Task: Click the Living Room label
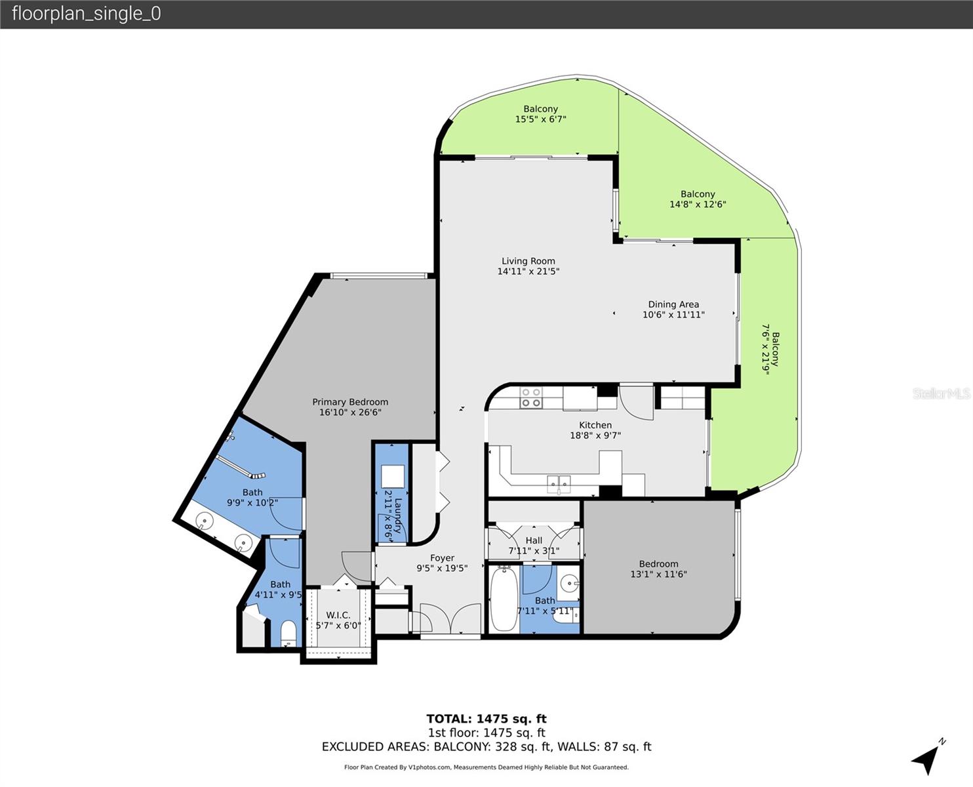coord(528,261)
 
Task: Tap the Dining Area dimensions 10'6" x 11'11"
coord(673,315)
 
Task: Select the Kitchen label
coord(595,425)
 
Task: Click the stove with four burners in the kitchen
coord(530,398)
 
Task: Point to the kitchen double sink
coord(559,484)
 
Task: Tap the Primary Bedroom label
coord(350,402)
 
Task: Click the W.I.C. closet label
coord(338,615)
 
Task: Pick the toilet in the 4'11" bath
coord(288,633)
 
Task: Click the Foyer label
coord(442,558)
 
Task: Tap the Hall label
coord(534,540)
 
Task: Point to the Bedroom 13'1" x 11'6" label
coord(658,564)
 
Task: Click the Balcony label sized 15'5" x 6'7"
coord(540,109)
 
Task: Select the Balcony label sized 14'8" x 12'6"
coord(697,194)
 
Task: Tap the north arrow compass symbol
coord(928,758)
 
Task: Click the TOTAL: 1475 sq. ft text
coord(486,719)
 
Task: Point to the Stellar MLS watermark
coord(941,393)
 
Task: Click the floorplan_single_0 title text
coord(86,14)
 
